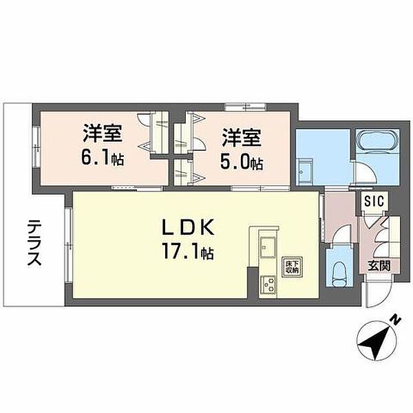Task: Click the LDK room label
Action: (x=187, y=228)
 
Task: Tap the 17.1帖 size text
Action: (x=187, y=252)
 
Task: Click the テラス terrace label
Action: (x=34, y=243)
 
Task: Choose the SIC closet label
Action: (x=374, y=202)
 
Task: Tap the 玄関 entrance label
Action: (x=379, y=266)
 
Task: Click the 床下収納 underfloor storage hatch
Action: (x=292, y=267)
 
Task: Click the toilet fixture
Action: (x=339, y=274)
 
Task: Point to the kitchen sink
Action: (x=268, y=247)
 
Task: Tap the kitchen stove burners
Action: (x=268, y=285)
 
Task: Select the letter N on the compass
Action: (x=396, y=320)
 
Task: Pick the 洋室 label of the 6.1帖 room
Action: (x=103, y=134)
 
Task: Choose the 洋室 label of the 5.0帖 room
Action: (x=242, y=137)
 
